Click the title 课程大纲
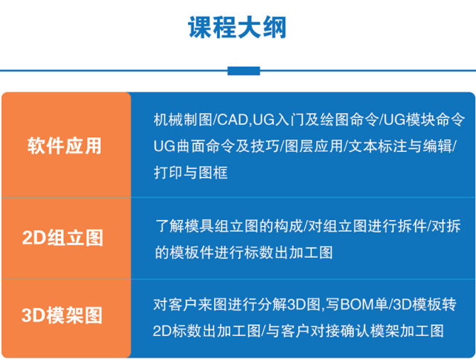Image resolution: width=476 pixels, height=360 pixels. coord(238,28)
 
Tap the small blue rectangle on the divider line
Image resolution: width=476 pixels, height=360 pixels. coord(244,71)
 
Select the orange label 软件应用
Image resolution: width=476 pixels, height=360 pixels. coord(65,146)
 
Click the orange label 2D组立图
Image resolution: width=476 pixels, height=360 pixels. coord(63,238)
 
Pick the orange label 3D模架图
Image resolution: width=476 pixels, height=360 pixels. coord(62,315)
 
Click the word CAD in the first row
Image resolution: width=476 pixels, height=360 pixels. coord(233,120)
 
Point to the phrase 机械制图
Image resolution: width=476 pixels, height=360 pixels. coord(183,120)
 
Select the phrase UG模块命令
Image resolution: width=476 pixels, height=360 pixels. coord(424,120)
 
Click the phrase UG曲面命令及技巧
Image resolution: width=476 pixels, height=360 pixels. coord(216,146)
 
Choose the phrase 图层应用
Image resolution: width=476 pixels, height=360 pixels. coord(314,146)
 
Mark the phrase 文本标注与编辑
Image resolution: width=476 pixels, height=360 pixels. coord(400,146)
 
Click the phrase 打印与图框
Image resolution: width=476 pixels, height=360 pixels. coord(191,173)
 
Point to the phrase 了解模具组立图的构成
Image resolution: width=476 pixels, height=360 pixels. coord(229,226)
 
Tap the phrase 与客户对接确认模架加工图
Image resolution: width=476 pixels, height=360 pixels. coord(355,331)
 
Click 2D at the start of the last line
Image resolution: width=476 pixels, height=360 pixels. coord(162,331)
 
